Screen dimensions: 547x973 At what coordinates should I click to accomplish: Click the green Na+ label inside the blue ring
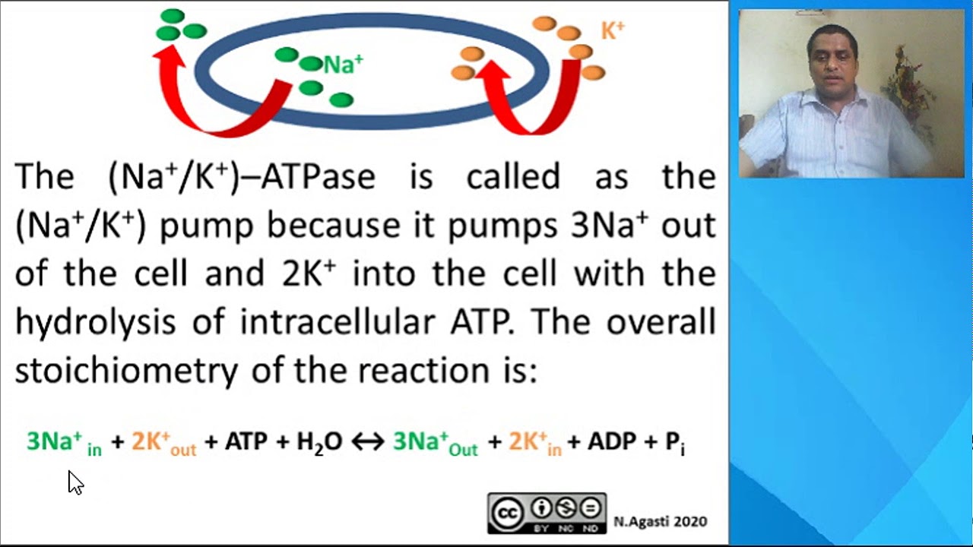[x=343, y=65]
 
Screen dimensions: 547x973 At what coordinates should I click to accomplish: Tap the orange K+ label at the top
[x=613, y=31]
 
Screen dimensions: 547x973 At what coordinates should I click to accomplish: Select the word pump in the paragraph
[x=206, y=226]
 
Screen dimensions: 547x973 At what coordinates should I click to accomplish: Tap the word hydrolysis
[x=95, y=322]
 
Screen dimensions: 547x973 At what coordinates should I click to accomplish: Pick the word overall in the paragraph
[x=661, y=322]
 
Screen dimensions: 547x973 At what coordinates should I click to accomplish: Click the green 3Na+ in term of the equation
[x=64, y=442]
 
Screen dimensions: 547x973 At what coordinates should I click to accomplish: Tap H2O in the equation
[x=319, y=442]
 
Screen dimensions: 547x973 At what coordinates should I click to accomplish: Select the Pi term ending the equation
[x=675, y=443]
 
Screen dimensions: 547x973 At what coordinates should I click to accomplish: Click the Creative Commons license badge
[x=547, y=513]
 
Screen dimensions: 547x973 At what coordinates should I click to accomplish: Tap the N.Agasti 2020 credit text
[x=661, y=521]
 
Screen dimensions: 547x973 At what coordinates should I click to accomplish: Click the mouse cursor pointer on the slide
[x=74, y=482]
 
